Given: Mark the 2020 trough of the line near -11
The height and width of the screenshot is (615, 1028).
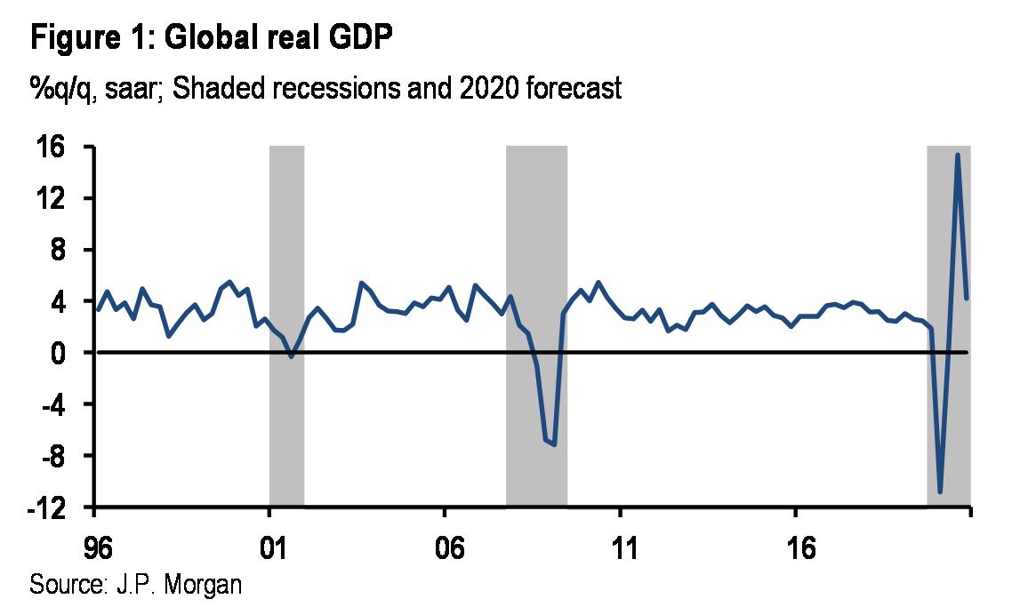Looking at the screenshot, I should coord(940,491).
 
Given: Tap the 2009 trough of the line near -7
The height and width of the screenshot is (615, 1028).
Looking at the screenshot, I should coord(554,443).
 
